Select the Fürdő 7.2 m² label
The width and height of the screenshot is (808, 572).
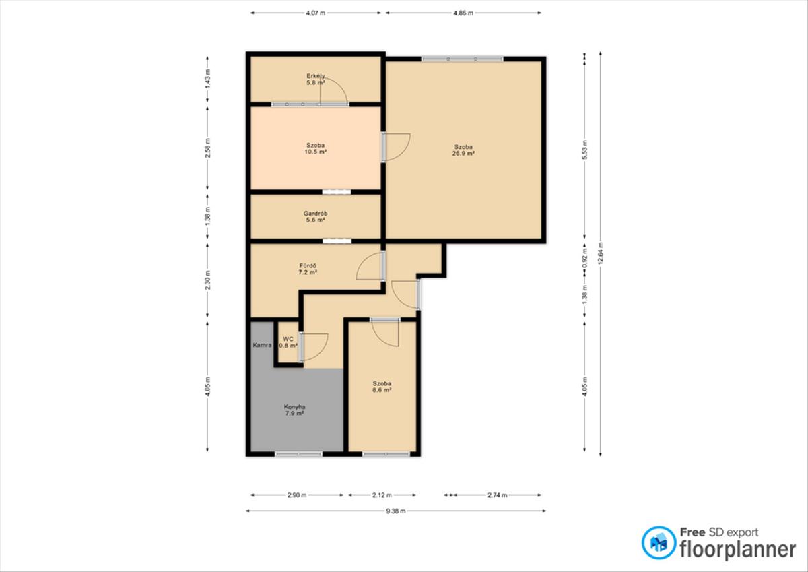point(308,269)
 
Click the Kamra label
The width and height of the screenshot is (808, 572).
point(262,345)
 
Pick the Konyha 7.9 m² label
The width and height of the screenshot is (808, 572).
point(294,410)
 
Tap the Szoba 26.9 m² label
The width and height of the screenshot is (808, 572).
point(463,150)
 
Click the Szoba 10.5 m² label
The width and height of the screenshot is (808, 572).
point(316,148)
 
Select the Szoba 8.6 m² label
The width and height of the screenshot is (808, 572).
point(382,387)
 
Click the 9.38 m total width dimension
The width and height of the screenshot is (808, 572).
point(396,511)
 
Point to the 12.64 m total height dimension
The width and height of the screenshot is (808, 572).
point(600,254)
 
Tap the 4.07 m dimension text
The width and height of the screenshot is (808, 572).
point(316,13)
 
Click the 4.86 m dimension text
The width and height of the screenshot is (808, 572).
point(463,13)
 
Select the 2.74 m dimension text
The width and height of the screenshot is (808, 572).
point(498,495)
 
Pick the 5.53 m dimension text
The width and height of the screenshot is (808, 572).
point(585,150)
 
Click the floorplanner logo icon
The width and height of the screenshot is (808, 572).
point(659,543)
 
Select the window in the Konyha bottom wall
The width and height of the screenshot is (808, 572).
point(299,454)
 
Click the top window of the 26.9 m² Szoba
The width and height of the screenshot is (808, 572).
point(463,59)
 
